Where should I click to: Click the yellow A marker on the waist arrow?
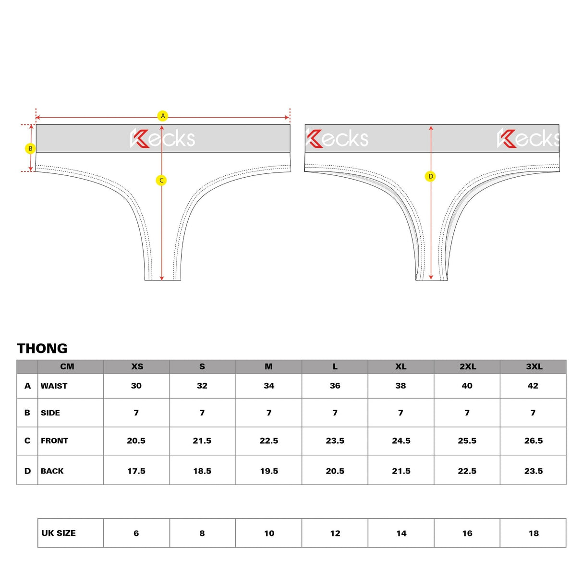tap(163, 116)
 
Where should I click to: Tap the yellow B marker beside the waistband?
tap(30, 148)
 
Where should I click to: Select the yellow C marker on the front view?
tap(161, 180)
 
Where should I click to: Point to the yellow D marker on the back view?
tap(430, 176)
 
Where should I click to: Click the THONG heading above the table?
tap(42, 348)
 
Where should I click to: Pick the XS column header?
tap(137, 366)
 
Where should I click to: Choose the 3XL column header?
tap(534, 366)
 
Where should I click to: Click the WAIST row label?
tap(54, 386)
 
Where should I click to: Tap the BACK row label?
tap(52, 471)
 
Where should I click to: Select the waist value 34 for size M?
tap(269, 386)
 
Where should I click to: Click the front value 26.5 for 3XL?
tap(533, 441)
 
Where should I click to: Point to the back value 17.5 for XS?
tap(136, 471)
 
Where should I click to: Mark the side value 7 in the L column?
tap(335, 413)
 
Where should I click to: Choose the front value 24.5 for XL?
tap(401, 441)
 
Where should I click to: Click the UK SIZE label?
tap(59, 533)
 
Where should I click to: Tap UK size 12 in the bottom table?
tap(335, 533)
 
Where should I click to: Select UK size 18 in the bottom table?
tap(534, 533)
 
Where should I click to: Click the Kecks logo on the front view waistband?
tap(163, 138)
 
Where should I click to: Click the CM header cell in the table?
tap(67, 366)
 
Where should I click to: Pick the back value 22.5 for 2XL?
tap(467, 471)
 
